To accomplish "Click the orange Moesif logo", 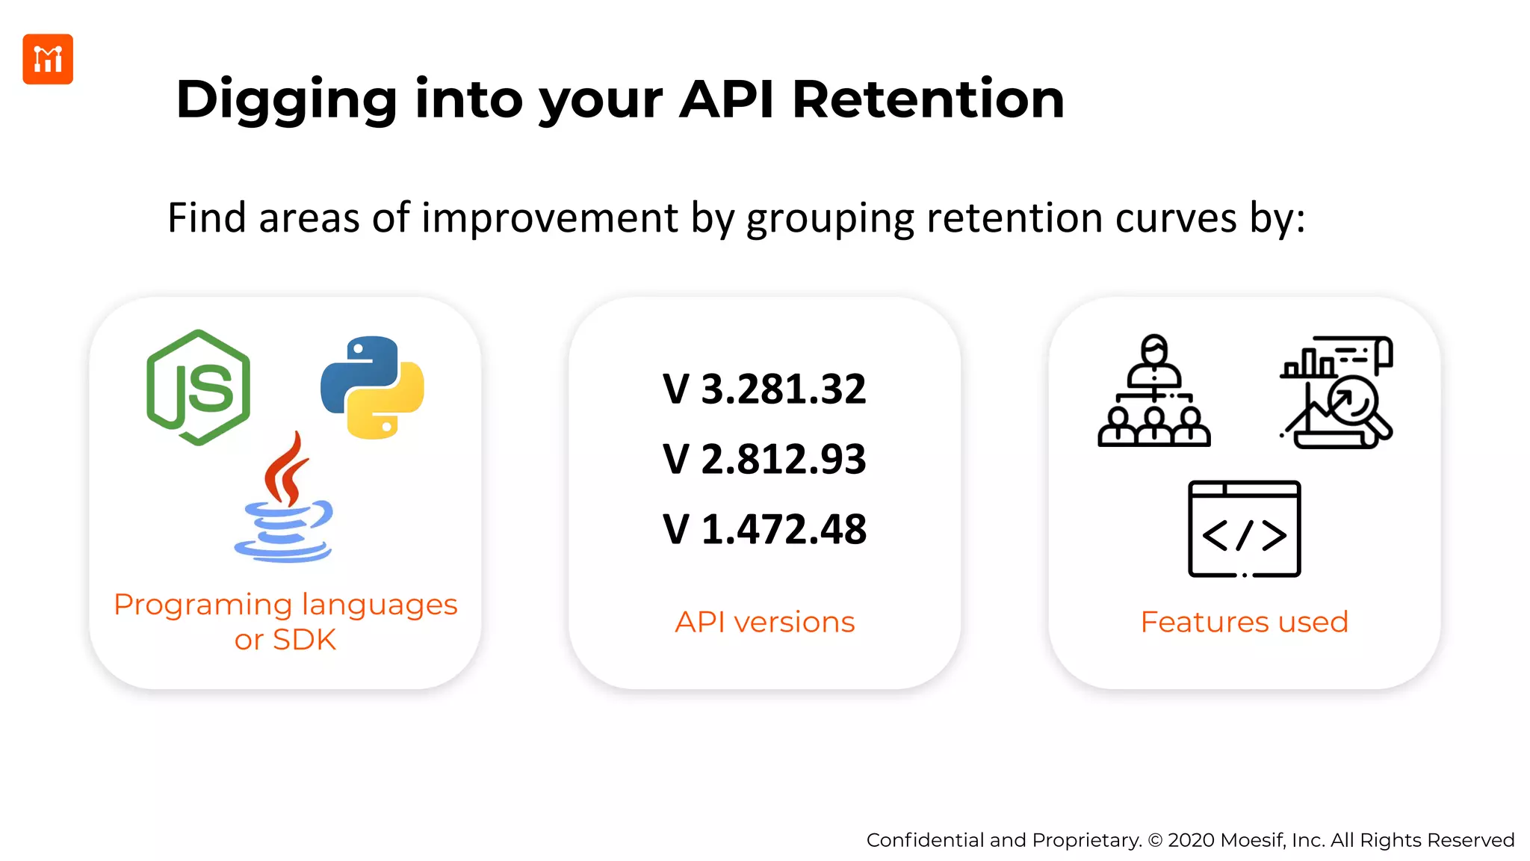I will point(48,59).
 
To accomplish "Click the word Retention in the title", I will point(927,99).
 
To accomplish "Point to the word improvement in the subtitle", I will point(550,218).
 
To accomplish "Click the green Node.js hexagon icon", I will point(199,388).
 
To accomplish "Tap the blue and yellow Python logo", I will point(372,387).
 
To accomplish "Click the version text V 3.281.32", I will point(764,389).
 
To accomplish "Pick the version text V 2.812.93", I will point(764,459).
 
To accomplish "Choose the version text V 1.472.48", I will point(764,529).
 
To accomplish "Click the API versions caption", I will point(764,622).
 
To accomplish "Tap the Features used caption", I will point(1244,622).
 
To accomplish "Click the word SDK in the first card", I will point(304,640).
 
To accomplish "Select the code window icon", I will point(1244,529).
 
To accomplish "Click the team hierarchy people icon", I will point(1153,392).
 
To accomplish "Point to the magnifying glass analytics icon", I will point(1337,392).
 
